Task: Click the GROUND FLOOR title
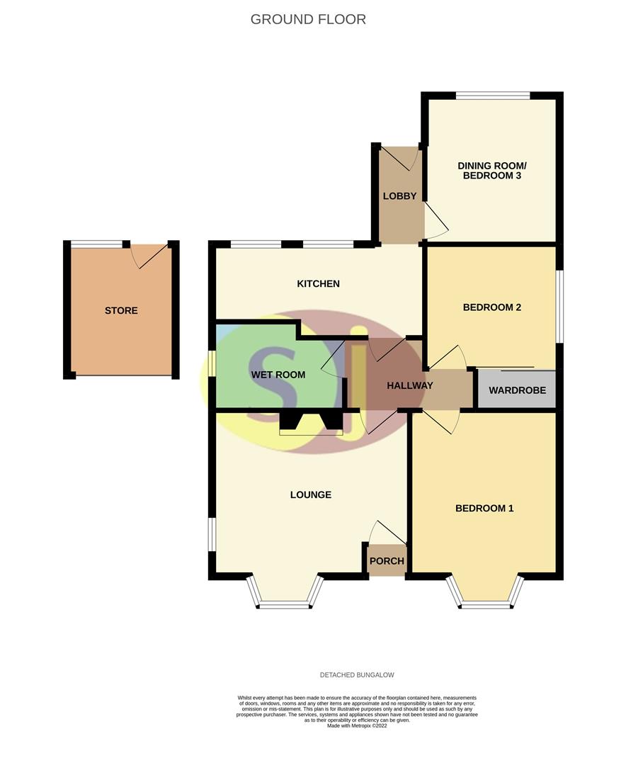click(x=308, y=19)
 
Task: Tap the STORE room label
click(x=121, y=310)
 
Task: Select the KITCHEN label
click(x=318, y=283)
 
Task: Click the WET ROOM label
click(x=278, y=374)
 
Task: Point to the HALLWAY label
click(x=409, y=385)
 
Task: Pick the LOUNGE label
click(x=310, y=494)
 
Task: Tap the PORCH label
click(x=387, y=561)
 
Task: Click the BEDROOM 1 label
click(x=484, y=508)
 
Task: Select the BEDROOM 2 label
click(x=492, y=307)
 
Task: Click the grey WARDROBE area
click(x=517, y=390)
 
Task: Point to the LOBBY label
click(x=399, y=196)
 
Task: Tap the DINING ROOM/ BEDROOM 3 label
click(x=491, y=171)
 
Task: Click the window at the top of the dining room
click(x=493, y=96)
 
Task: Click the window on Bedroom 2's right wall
click(x=559, y=306)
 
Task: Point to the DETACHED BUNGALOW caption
click(x=357, y=675)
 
